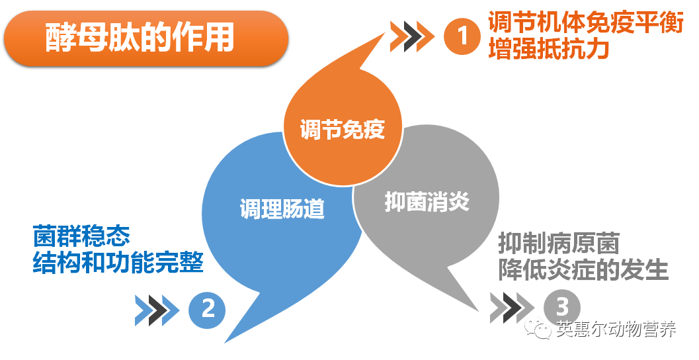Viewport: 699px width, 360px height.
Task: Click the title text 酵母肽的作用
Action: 140,38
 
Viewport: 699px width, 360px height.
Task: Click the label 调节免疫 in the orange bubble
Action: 343,130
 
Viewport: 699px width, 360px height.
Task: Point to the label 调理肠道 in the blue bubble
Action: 282,208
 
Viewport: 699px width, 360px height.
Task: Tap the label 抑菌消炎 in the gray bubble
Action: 427,202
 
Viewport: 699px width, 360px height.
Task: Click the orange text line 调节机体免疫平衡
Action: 586,22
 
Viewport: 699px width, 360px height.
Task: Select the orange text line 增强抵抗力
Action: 549,48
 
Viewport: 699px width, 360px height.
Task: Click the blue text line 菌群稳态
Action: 81,236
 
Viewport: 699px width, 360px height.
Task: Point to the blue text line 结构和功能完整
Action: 118,262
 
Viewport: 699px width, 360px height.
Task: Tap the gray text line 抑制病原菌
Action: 559,243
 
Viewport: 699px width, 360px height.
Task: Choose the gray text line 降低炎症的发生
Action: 583,269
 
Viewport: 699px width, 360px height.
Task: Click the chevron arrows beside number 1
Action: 412,36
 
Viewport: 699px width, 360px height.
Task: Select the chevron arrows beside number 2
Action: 157,310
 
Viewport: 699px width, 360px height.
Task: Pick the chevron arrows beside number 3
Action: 512,308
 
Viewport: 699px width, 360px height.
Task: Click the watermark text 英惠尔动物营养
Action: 616,330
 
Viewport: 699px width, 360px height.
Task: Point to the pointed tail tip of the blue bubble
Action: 224,343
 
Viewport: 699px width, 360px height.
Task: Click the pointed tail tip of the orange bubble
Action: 385,32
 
